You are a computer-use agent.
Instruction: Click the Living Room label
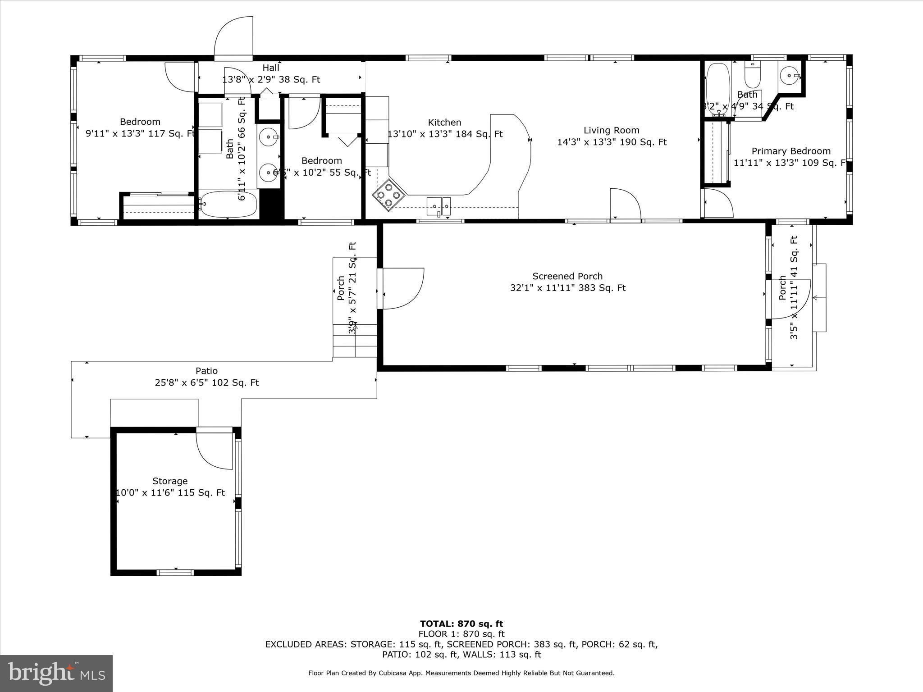[x=611, y=131]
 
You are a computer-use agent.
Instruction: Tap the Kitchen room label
[x=444, y=123]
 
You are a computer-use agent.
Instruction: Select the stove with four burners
[x=388, y=195]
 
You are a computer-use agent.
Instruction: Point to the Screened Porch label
[x=567, y=276]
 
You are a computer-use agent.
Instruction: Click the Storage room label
[x=170, y=481]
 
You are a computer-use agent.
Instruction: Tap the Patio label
[x=206, y=371]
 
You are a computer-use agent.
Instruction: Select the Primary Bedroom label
[x=790, y=151]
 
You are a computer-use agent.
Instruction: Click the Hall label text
[x=271, y=68]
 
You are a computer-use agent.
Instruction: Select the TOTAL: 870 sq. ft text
[x=461, y=624]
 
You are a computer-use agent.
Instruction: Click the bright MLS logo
[x=56, y=673]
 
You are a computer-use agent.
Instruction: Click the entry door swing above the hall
[x=233, y=38]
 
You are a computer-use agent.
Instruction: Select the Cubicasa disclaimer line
[x=461, y=673]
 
